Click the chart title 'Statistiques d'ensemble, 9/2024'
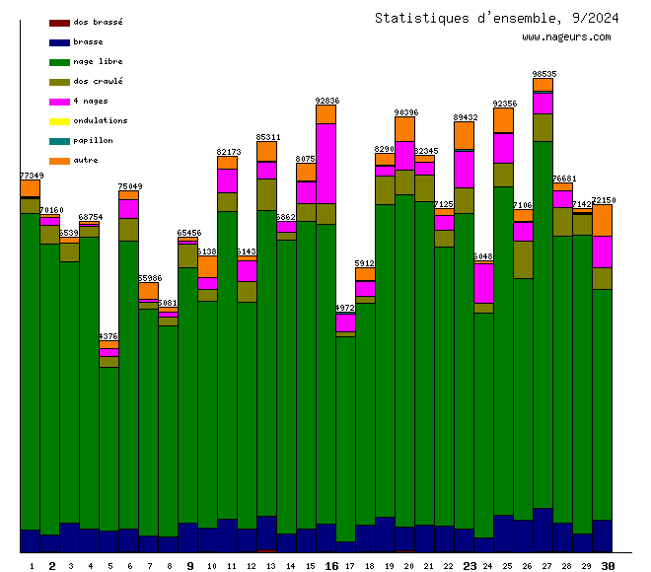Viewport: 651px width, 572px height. (497, 18)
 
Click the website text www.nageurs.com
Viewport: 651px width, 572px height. (566, 37)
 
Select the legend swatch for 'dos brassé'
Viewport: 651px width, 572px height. (59, 22)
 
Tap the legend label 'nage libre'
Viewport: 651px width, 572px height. (98, 61)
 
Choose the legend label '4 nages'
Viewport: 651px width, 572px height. (91, 101)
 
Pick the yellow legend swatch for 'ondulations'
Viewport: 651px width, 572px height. (59, 121)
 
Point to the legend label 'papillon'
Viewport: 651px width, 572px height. (93, 140)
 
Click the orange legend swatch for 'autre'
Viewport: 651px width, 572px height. (59, 161)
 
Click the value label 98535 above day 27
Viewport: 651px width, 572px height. (543, 74)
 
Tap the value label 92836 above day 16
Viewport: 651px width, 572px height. (326, 101)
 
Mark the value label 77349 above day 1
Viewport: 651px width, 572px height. (31, 176)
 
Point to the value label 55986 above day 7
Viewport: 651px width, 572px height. (149, 279)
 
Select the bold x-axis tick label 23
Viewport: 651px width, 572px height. (470, 566)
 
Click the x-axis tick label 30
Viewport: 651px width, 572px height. (609, 566)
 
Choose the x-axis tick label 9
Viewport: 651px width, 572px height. (189, 566)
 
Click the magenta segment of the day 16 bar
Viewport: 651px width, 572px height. (326, 163)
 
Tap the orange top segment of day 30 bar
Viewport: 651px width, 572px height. (603, 220)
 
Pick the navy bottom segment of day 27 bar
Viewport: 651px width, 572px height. (543, 530)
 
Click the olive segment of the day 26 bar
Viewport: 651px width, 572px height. (524, 259)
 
